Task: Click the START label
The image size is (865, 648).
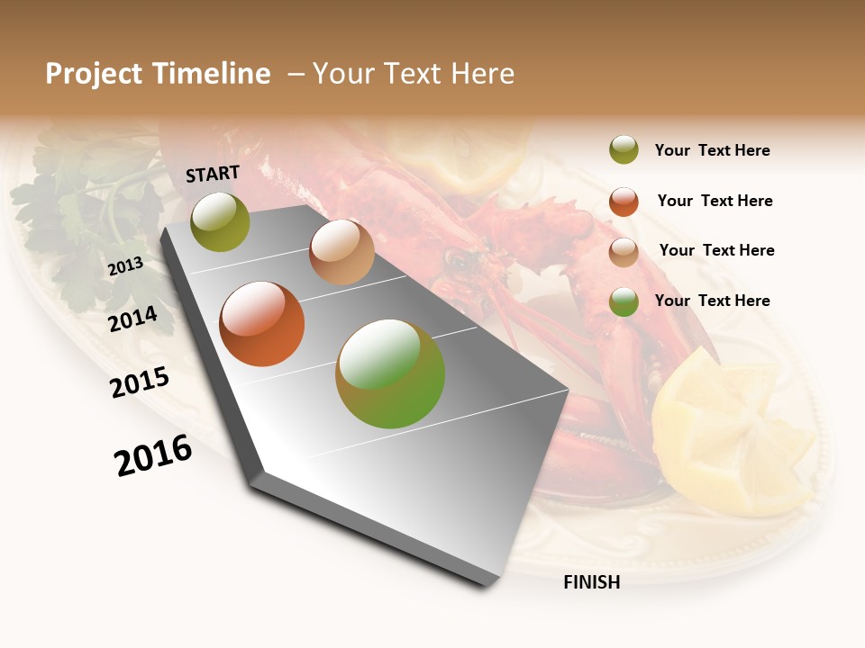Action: point(213,174)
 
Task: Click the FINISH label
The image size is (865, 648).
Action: point(591,582)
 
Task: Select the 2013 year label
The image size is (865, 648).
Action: point(125,265)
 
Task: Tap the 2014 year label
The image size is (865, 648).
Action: point(132,319)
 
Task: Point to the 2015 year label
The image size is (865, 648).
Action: point(140,382)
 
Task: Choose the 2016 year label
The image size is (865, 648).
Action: point(153,455)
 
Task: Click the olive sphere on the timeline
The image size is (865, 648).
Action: point(221,222)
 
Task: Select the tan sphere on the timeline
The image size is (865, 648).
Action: point(341,252)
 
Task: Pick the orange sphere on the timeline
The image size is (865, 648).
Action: point(262,324)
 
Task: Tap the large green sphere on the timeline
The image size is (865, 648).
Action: point(390,373)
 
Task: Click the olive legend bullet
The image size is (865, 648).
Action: point(624,149)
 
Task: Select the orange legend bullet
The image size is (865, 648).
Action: point(624,202)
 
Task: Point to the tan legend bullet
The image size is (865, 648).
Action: point(624,252)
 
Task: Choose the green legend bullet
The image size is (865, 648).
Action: point(624,301)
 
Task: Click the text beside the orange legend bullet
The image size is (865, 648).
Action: point(715,201)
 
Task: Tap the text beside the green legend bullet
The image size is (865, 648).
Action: point(712,301)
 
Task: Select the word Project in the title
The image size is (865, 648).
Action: point(94,74)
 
